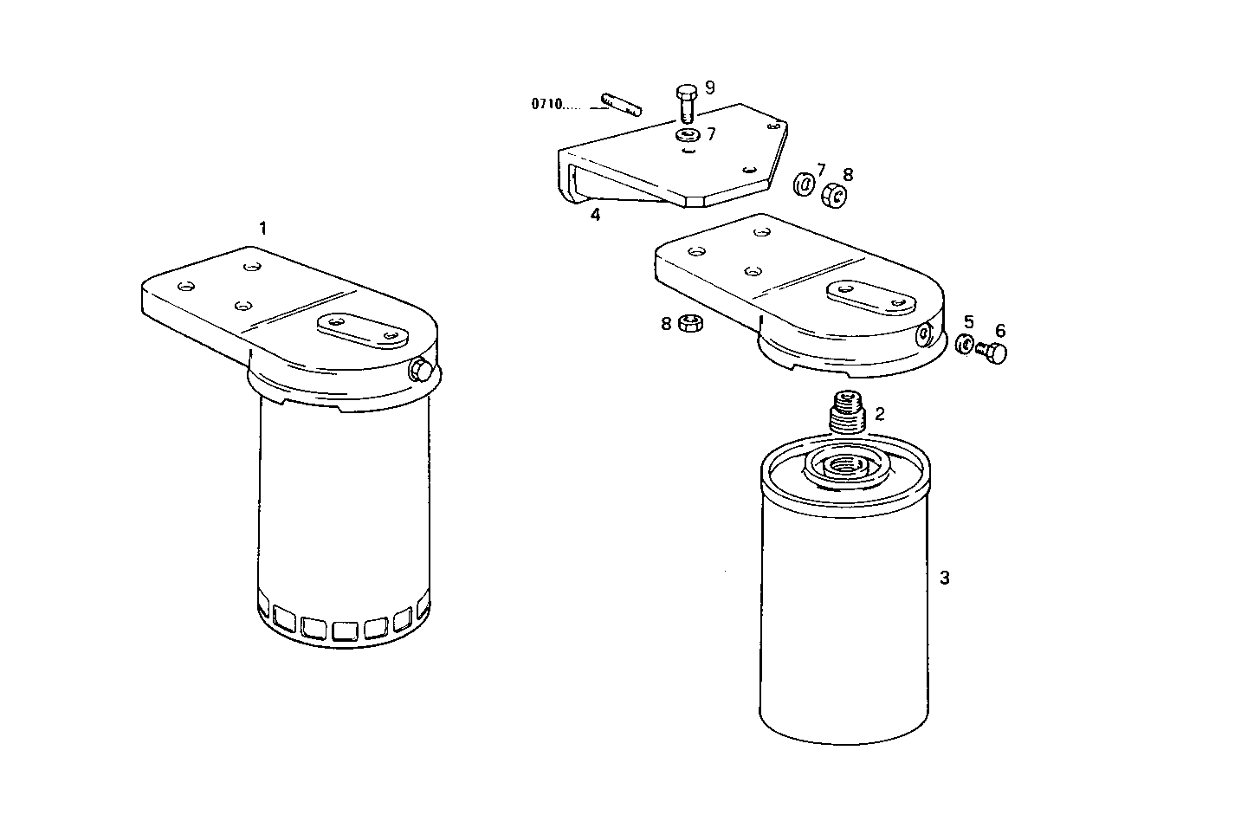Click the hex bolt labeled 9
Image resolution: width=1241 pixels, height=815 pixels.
click(686, 102)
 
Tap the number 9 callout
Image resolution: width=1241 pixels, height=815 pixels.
click(710, 87)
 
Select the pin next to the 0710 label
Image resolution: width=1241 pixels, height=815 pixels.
click(617, 103)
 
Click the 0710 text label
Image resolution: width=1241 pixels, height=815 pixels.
click(547, 105)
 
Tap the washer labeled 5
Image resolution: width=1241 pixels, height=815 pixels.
click(965, 344)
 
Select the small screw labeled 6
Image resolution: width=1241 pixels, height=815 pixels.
click(993, 352)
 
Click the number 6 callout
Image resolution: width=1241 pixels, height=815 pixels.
click(1000, 331)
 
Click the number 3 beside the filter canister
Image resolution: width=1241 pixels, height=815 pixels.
click(945, 577)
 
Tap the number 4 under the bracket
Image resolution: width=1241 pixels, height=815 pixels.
click(595, 215)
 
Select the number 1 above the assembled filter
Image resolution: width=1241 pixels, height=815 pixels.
click(262, 228)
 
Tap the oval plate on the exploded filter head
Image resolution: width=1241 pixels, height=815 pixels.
click(872, 296)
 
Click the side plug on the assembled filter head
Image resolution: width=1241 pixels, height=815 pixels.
click(422, 370)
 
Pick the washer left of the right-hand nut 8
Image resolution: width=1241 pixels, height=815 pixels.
click(805, 184)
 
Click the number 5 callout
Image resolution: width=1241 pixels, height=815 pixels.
click(969, 322)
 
